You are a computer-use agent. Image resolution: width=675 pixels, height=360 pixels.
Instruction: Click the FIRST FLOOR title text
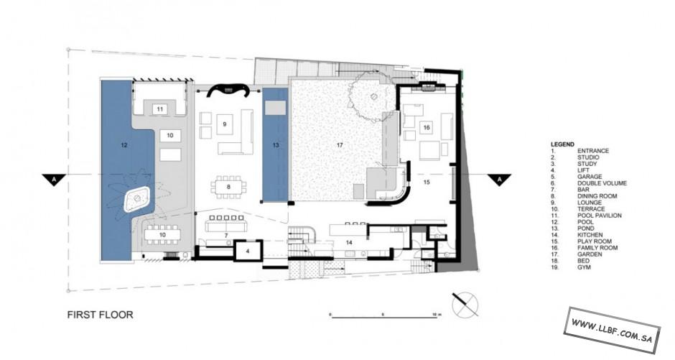point(100,315)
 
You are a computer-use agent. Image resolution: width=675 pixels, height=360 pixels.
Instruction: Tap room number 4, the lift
point(248,251)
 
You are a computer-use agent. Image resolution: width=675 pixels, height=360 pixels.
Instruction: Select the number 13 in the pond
point(276,145)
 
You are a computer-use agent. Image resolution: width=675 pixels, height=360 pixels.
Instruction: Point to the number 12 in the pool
point(124,145)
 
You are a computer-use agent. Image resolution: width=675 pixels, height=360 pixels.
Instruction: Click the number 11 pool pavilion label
point(159,109)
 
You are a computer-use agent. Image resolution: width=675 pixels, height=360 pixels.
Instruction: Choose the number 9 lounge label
point(224,124)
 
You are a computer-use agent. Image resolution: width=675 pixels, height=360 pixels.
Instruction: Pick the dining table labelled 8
point(228,187)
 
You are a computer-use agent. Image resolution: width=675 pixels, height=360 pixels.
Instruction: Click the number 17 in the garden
point(340,145)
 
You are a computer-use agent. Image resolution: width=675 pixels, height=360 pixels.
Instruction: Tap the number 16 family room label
point(426,127)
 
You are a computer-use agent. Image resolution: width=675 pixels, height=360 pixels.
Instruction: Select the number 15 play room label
point(426,182)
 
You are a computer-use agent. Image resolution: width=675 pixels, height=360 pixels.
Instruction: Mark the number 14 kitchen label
point(349,243)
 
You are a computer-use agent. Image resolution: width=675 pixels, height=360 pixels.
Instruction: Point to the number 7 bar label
point(226,236)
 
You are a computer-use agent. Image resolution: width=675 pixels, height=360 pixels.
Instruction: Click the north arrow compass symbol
point(465,304)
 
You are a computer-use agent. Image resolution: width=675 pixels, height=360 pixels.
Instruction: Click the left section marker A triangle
point(54,179)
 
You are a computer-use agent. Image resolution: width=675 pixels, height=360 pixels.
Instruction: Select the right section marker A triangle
point(499,179)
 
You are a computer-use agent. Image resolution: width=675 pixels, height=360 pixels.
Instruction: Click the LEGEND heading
point(562,144)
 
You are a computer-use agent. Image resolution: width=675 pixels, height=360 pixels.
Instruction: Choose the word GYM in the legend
point(585,267)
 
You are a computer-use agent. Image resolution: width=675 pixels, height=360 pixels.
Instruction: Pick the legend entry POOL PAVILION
point(599,216)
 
